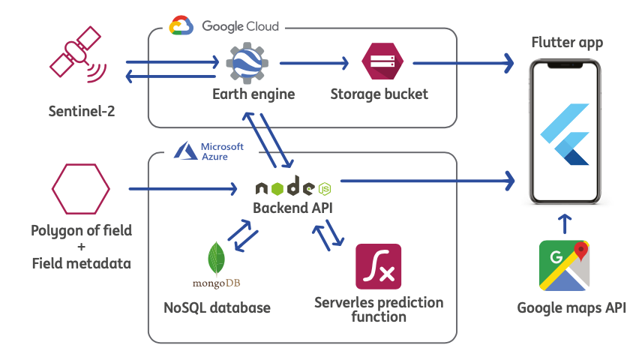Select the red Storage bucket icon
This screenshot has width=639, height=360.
pyautogui.click(x=379, y=63)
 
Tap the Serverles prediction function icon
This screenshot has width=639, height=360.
pyautogui.click(x=379, y=266)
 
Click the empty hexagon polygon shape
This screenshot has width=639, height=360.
pyautogui.click(x=81, y=188)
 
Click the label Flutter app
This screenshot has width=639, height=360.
pyautogui.click(x=567, y=42)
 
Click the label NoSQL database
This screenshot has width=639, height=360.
pyautogui.click(x=217, y=307)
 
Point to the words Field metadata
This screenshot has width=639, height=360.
pyautogui.click(x=81, y=262)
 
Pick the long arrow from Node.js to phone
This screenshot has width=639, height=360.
pyautogui.click(x=427, y=180)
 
